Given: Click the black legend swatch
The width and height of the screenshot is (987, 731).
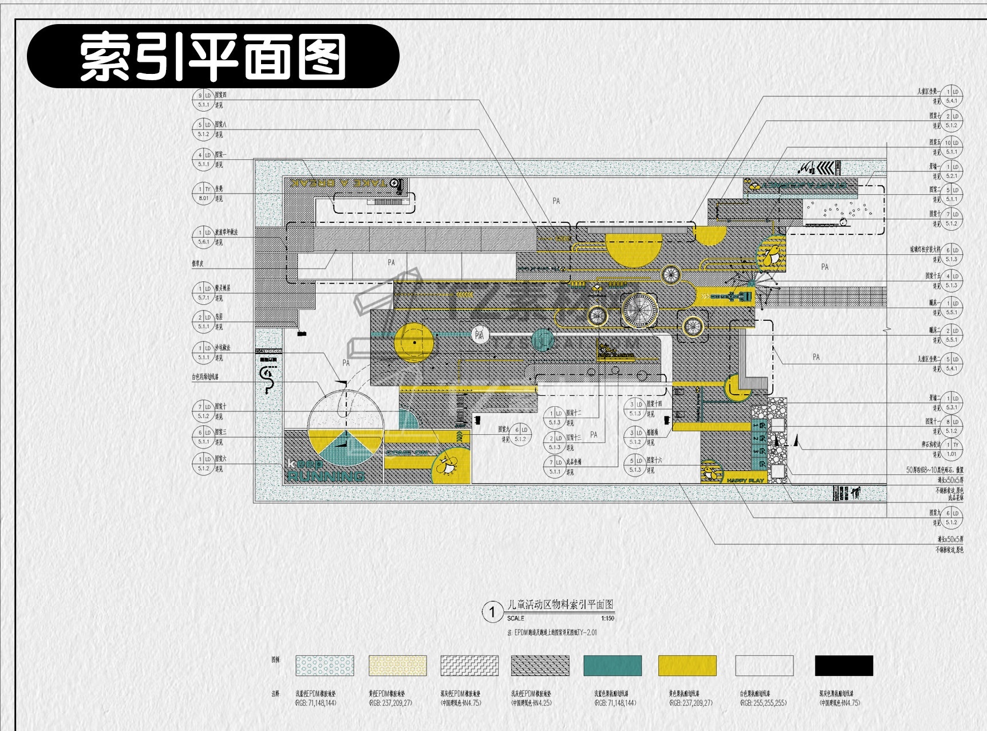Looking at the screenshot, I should tap(844, 666).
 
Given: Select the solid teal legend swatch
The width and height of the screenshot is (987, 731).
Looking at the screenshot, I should tap(613, 666).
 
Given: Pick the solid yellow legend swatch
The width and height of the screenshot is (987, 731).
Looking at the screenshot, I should tap(687, 666).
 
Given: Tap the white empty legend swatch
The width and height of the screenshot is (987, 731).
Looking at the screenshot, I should tap(764, 666).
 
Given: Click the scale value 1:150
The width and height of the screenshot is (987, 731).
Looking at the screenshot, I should tap(607, 619).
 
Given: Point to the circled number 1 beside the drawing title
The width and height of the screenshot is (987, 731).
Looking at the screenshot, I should tap(492, 612).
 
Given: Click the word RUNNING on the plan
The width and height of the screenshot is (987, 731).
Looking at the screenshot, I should tap(326, 476).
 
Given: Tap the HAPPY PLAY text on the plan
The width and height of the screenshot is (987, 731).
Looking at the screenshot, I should tap(745, 481).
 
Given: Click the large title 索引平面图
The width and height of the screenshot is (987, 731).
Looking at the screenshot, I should tap(213, 57).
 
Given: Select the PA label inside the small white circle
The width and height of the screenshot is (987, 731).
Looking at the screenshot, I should tap(480, 335).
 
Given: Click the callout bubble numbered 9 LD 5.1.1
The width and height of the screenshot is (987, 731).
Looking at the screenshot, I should tap(204, 100).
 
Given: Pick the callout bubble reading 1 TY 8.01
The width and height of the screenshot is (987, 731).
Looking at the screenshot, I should tap(204, 194).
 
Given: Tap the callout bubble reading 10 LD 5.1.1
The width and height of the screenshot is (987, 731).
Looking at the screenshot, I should tap(952, 147).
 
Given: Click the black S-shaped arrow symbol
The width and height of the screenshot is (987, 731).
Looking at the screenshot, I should tap(267, 379).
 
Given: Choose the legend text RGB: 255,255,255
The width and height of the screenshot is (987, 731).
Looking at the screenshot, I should tap(763, 703).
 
